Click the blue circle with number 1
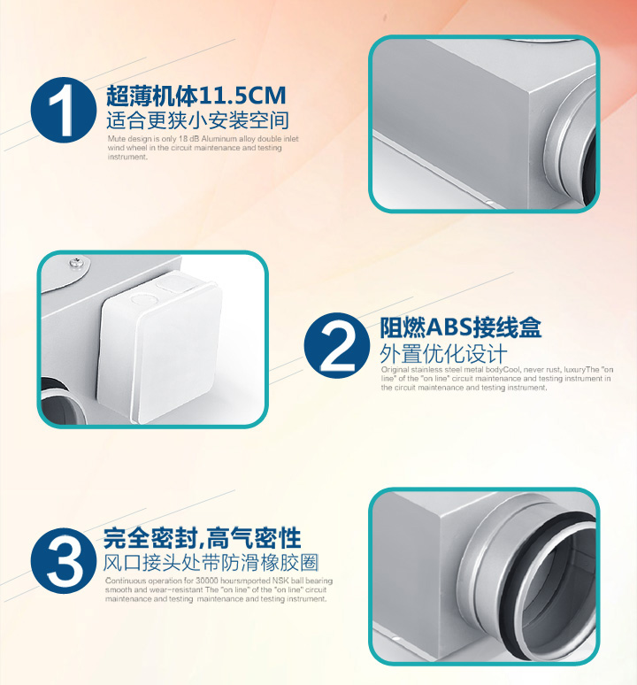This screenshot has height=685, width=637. pos(64,110)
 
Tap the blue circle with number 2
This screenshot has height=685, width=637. pos(337,345)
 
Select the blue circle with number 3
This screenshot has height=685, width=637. pos(64,560)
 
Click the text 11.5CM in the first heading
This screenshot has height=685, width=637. pos(242,96)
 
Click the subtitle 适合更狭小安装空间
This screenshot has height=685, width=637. pos(197,120)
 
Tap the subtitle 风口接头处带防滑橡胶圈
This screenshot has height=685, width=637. pos(211,563)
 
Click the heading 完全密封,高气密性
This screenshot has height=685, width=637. pos(202,538)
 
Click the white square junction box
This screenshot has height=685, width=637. pos(158,345)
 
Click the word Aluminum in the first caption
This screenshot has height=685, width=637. pos(219,139)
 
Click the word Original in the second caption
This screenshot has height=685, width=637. pos(395,370)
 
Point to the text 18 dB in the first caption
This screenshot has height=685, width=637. pos(189,139)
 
